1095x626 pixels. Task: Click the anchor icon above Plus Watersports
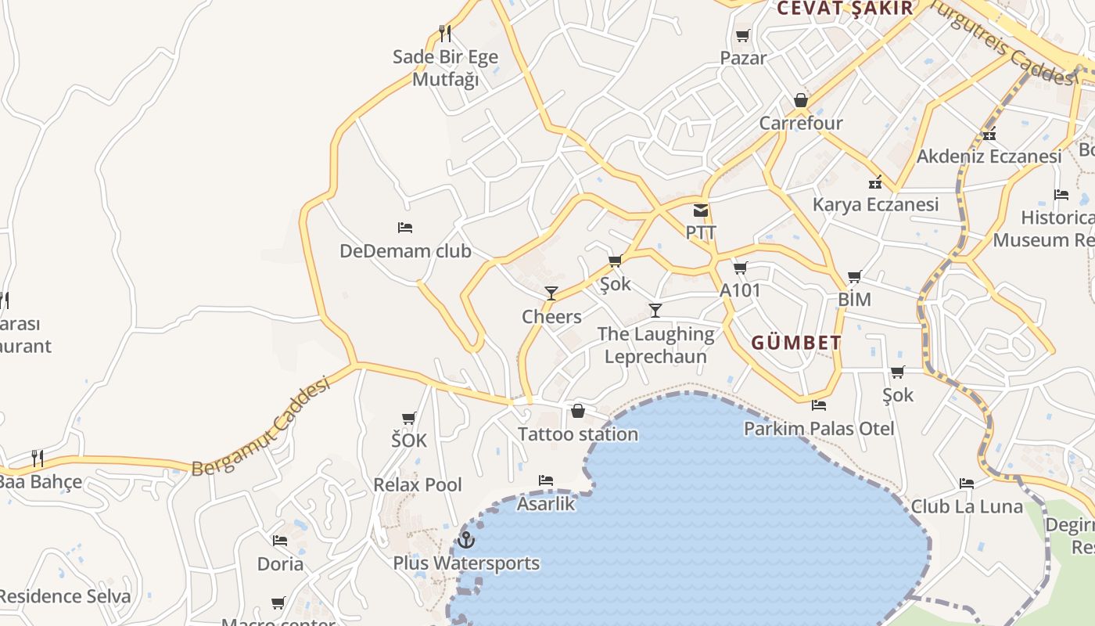[x=466, y=540]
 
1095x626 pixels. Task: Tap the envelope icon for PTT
[x=701, y=210]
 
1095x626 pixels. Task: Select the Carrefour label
[x=801, y=123]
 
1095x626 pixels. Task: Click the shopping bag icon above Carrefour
[x=801, y=100]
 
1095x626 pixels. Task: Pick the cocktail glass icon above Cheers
[x=551, y=293]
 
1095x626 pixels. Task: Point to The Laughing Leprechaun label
[x=655, y=345]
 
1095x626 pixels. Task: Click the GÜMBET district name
[x=796, y=343]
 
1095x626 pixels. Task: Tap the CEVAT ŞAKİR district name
[x=845, y=9]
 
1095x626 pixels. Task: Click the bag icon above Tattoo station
[x=578, y=411]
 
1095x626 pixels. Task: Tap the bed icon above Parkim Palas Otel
[x=819, y=405]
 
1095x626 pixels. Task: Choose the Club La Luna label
[x=967, y=506]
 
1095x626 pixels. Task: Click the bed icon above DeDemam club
[x=405, y=228]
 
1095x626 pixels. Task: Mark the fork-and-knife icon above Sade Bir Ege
[x=445, y=34]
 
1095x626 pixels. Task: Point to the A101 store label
[x=740, y=290]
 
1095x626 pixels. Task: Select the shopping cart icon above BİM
[x=855, y=276]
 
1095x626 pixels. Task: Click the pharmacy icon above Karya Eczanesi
[x=875, y=182]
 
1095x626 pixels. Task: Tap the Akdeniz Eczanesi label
[x=989, y=156]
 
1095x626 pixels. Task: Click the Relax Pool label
[x=418, y=484]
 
